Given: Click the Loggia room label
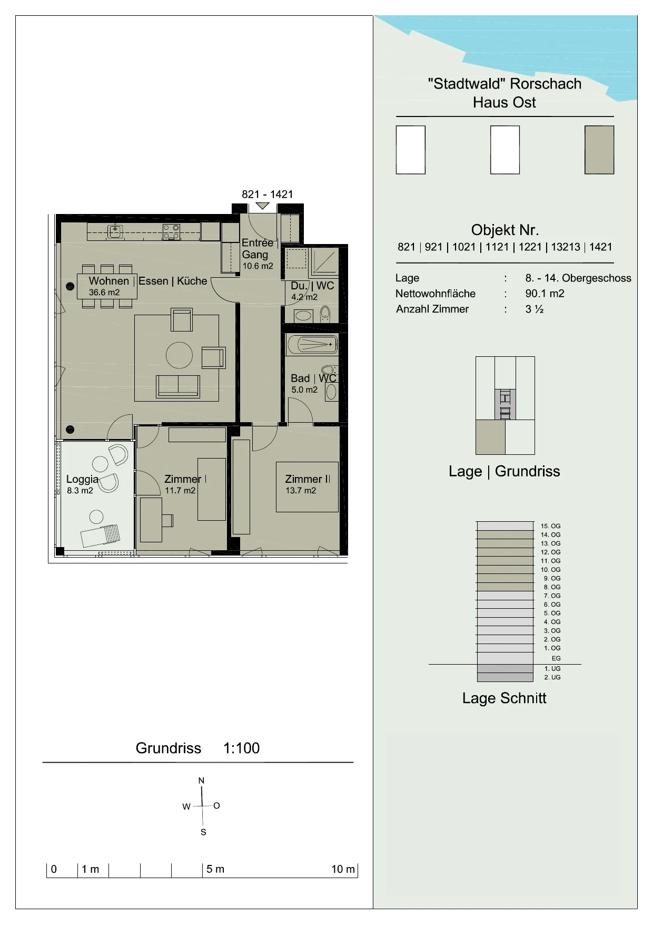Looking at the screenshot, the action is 82,479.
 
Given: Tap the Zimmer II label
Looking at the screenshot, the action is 308,479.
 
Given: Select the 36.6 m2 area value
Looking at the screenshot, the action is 104,293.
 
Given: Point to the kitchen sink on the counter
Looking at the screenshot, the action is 115,231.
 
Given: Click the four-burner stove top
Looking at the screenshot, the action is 171,232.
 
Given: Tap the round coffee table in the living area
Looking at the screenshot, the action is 179,355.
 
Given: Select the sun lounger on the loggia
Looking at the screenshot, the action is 101,536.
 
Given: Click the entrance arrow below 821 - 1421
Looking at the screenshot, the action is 262,206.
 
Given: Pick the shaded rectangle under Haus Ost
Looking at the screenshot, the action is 599,150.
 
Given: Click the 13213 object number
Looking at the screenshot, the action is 565,247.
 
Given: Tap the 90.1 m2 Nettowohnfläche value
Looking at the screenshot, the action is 545,294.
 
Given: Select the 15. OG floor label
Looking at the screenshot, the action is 550,526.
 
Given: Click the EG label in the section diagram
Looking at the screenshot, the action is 556,658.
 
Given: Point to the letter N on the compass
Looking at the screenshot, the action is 201,781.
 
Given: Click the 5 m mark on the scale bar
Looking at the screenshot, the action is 215,869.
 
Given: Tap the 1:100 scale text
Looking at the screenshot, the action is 241,748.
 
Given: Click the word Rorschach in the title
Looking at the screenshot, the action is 546,84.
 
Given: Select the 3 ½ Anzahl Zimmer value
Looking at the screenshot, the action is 534,309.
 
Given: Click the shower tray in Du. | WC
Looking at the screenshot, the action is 324,262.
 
